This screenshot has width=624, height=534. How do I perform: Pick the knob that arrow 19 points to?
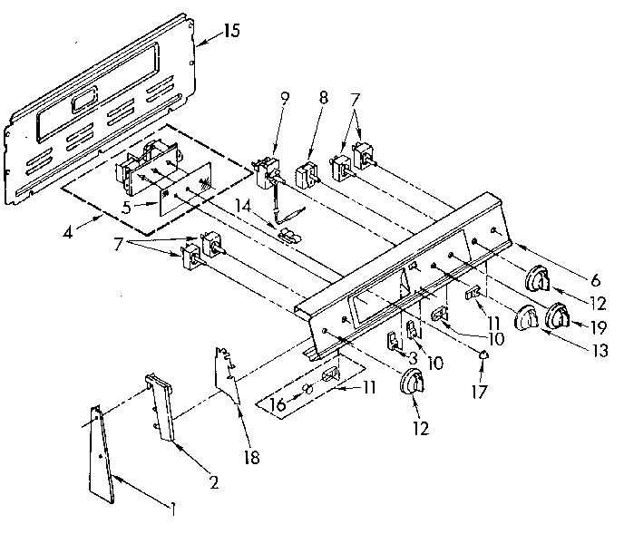click(556, 317)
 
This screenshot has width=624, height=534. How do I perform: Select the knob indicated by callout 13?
click(525, 320)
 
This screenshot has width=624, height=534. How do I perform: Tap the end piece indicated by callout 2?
click(159, 406)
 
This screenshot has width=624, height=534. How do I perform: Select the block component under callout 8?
click(305, 171)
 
